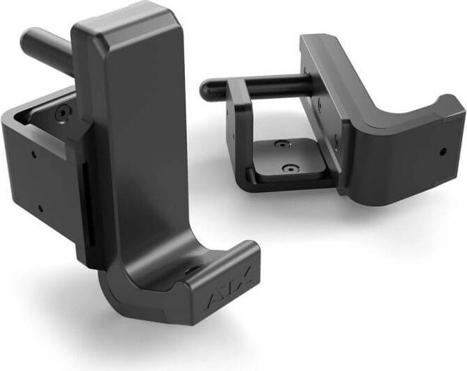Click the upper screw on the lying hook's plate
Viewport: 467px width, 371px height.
pos(281,143)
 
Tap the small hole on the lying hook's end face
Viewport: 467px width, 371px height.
pos(442,151)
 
